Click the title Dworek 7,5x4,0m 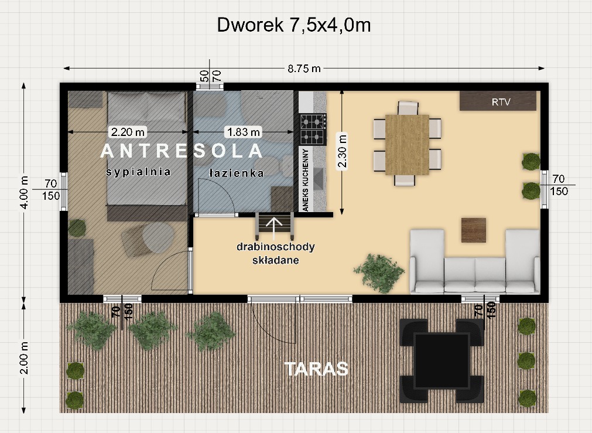[x=294, y=25]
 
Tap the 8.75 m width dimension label [x=304, y=69]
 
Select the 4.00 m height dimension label [x=24, y=192]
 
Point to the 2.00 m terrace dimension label [x=24, y=357]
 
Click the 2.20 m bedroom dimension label [x=128, y=132]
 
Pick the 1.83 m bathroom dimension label [x=244, y=132]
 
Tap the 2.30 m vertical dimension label [x=342, y=151]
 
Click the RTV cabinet [x=498, y=101]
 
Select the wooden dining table [x=407, y=145]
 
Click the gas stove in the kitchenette [x=313, y=129]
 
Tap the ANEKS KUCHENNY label [x=306, y=179]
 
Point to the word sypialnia [x=138, y=172]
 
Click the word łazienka [x=237, y=173]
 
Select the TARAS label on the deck [x=316, y=369]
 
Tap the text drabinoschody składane [x=276, y=253]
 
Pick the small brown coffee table [x=474, y=230]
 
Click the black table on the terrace [x=442, y=361]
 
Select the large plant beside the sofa [x=379, y=273]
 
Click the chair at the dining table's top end [x=408, y=108]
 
